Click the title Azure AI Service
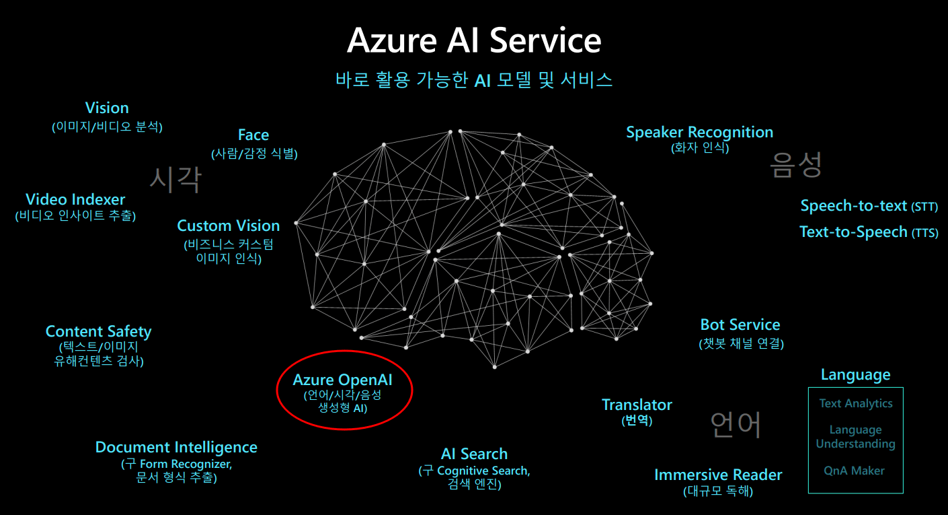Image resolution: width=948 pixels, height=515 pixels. click(474, 40)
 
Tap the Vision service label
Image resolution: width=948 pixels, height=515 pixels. click(107, 108)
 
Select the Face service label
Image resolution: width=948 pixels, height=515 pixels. click(253, 135)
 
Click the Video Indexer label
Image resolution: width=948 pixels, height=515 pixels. click(75, 200)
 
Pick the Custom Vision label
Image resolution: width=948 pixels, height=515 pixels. click(229, 226)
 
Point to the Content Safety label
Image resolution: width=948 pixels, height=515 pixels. click(99, 331)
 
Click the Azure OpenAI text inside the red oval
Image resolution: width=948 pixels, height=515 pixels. click(343, 380)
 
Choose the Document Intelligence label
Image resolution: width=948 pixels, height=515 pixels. click(176, 448)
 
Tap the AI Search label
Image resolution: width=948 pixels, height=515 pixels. click(475, 454)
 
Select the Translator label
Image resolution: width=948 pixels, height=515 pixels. click(637, 405)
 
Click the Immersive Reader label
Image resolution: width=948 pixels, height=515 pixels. click(718, 475)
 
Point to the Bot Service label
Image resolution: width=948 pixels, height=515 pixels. click(740, 325)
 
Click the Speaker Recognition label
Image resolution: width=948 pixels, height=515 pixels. click(700, 133)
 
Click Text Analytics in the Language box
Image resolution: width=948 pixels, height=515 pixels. click(856, 403)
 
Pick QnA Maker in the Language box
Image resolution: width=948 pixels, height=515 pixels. click(854, 471)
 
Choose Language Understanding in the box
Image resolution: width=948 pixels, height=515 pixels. click(856, 437)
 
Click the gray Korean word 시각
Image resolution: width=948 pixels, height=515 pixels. click(175, 179)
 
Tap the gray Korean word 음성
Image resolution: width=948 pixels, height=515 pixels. click(795, 164)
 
